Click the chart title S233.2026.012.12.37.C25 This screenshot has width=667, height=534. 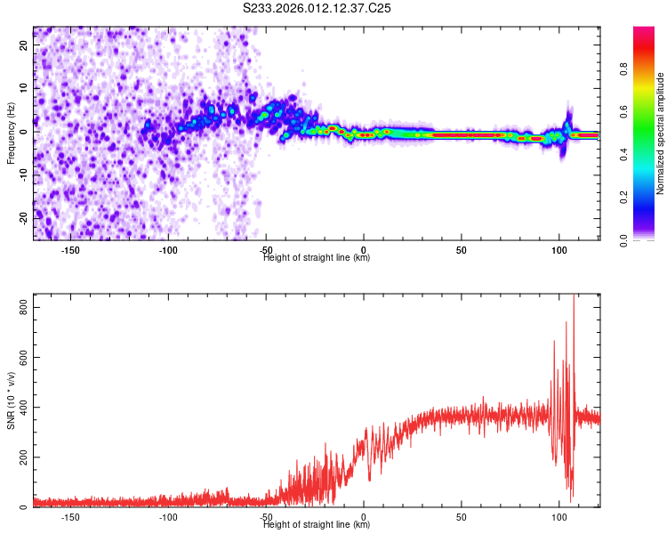point(317,8)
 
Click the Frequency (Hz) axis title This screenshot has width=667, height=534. point(11,133)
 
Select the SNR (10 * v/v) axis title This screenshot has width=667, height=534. point(11,400)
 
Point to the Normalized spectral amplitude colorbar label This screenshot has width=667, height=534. point(661,133)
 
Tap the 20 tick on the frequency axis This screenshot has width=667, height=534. point(24,44)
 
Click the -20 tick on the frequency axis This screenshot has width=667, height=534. point(22,217)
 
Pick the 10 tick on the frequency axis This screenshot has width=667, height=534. point(24,88)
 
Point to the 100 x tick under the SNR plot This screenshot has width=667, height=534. point(559,517)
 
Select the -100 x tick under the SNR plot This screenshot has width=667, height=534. point(168,517)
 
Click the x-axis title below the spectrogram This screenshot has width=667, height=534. point(317,258)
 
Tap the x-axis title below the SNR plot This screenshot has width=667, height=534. point(317,525)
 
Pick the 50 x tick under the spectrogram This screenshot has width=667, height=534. point(462,249)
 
